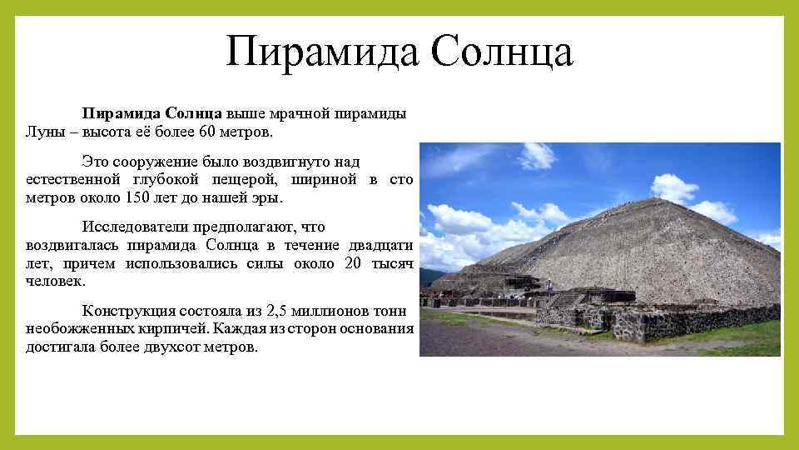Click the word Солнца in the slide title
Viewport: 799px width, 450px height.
pyautogui.click(x=502, y=51)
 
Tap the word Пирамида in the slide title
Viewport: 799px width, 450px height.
pyautogui.click(x=321, y=51)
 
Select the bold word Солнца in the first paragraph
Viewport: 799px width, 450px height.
pyautogui.click(x=193, y=113)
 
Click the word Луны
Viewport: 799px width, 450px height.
pyautogui.click(x=42, y=132)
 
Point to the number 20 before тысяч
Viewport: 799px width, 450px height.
pyautogui.click(x=353, y=263)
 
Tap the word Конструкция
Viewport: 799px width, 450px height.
pyautogui.click(x=129, y=311)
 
